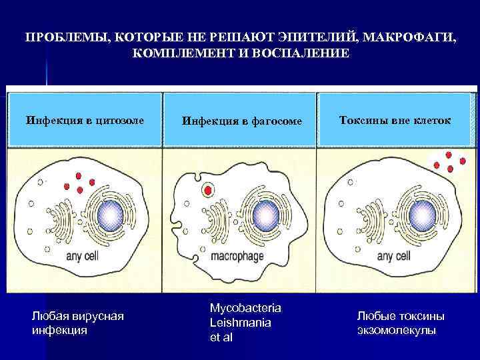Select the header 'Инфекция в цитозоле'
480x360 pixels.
85,121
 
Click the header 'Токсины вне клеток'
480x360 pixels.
395,121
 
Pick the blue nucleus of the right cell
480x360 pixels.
421,215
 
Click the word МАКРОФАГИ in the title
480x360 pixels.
411,37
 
